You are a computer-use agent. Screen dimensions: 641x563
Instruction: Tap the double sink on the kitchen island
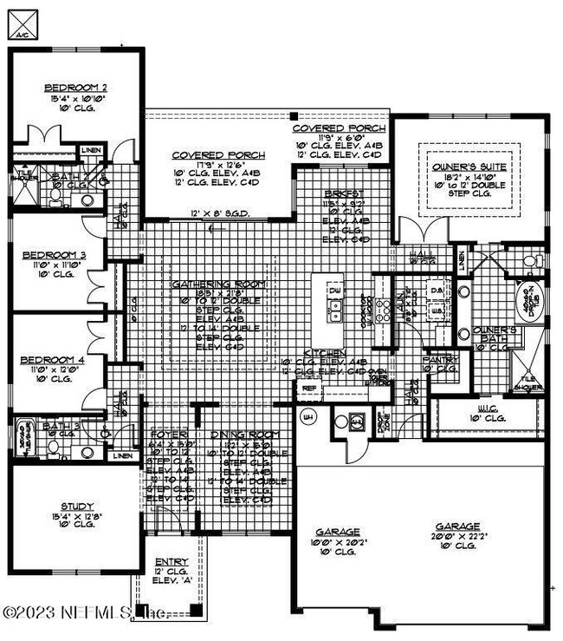[x=334, y=310]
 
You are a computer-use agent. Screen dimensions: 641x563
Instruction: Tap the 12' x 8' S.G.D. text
[x=217, y=213]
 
